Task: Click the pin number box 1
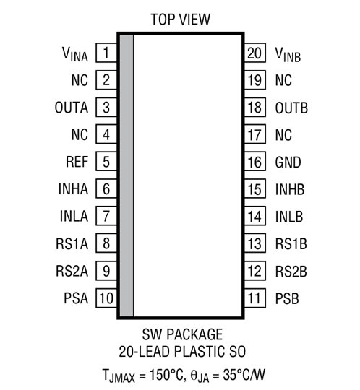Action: click(106, 53)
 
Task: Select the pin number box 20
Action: click(254, 53)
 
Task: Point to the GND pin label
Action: click(288, 162)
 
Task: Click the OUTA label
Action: click(71, 108)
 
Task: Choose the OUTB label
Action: click(291, 108)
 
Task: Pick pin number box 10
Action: click(106, 298)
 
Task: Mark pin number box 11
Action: click(254, 298)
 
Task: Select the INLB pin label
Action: click(289, 216)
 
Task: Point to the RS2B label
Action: click(291, 270)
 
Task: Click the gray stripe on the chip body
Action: click(127, 173)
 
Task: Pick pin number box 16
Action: click(254, 162)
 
